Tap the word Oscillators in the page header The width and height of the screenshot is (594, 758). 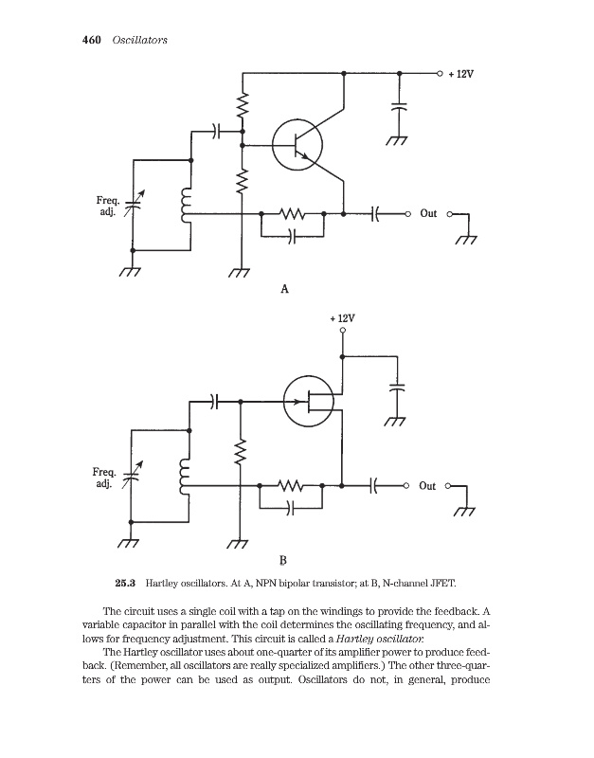point(139,39)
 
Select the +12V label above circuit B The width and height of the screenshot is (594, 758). point(342,319)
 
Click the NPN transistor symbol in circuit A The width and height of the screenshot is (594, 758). point(297,145)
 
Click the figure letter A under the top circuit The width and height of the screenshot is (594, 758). point(284,288)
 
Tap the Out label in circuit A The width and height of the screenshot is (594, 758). point(428,213)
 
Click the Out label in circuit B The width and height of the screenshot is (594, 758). point(428,486)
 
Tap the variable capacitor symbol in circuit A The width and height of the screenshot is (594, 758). point(134,205)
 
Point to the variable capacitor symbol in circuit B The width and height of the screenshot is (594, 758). point(134,477)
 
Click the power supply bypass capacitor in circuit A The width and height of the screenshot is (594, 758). point(399,107)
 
